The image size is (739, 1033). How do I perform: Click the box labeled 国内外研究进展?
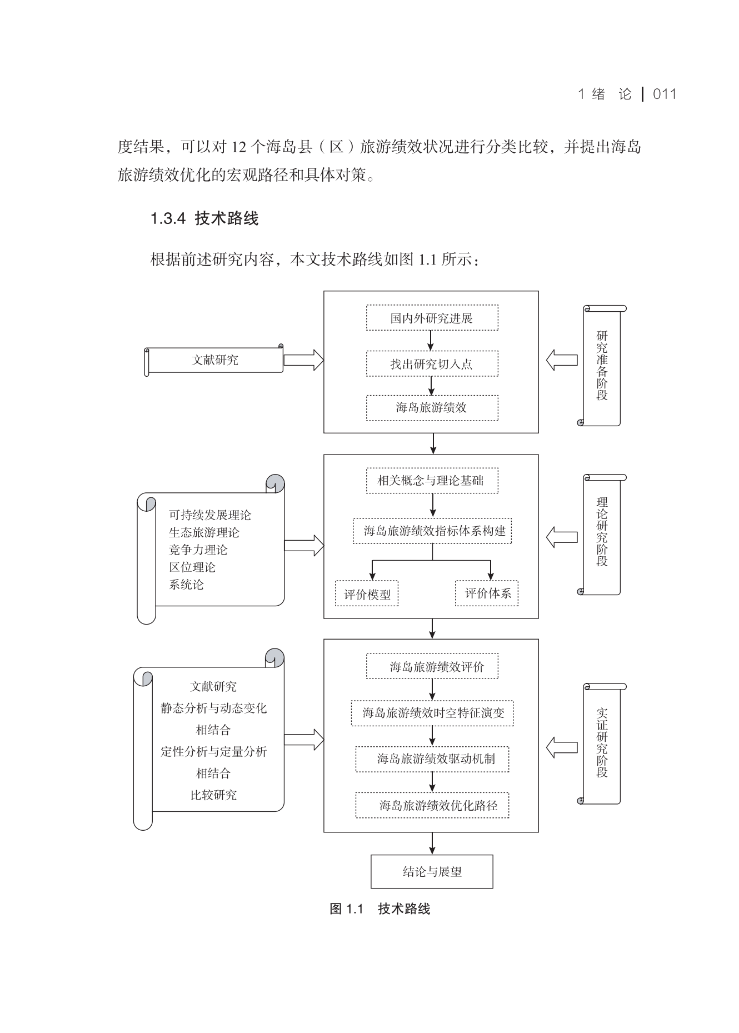click(432, 318)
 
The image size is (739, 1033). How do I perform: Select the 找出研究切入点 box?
click(432, 364)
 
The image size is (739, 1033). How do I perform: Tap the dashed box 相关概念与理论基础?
click(432, 481)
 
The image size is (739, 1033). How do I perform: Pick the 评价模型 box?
click(367, 594)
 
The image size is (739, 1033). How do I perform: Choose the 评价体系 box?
click(487, 593)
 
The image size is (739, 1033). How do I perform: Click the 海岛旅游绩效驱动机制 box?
click(432, 759)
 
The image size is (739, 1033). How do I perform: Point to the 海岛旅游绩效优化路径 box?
click(432, 805)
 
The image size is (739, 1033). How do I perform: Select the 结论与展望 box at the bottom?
click(432, 871)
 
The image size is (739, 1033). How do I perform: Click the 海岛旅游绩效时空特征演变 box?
click(432, 713)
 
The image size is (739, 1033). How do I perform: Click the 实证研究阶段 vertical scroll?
click(602, 743)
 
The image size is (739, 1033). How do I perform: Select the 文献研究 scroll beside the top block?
click(214, 360)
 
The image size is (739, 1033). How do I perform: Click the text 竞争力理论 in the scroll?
click(198, 550)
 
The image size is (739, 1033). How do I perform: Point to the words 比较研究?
click(213, 795)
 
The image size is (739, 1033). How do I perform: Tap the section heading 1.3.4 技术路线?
click(204, 218)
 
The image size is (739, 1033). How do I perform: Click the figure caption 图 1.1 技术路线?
click(380, 909)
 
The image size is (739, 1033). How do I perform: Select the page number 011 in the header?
click(665, 94)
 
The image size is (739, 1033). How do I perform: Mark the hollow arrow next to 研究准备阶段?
click(561, 360)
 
